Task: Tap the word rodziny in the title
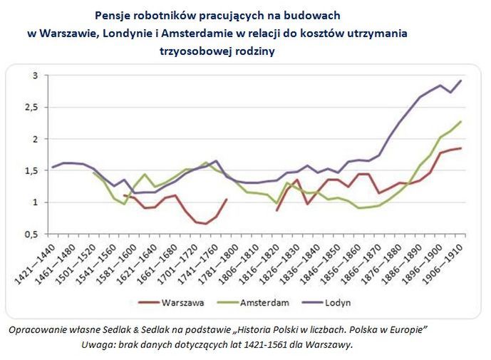point(252,51)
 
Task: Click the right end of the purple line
point(460,81)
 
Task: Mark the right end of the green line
point(460,121)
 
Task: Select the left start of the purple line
point(53,168)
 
